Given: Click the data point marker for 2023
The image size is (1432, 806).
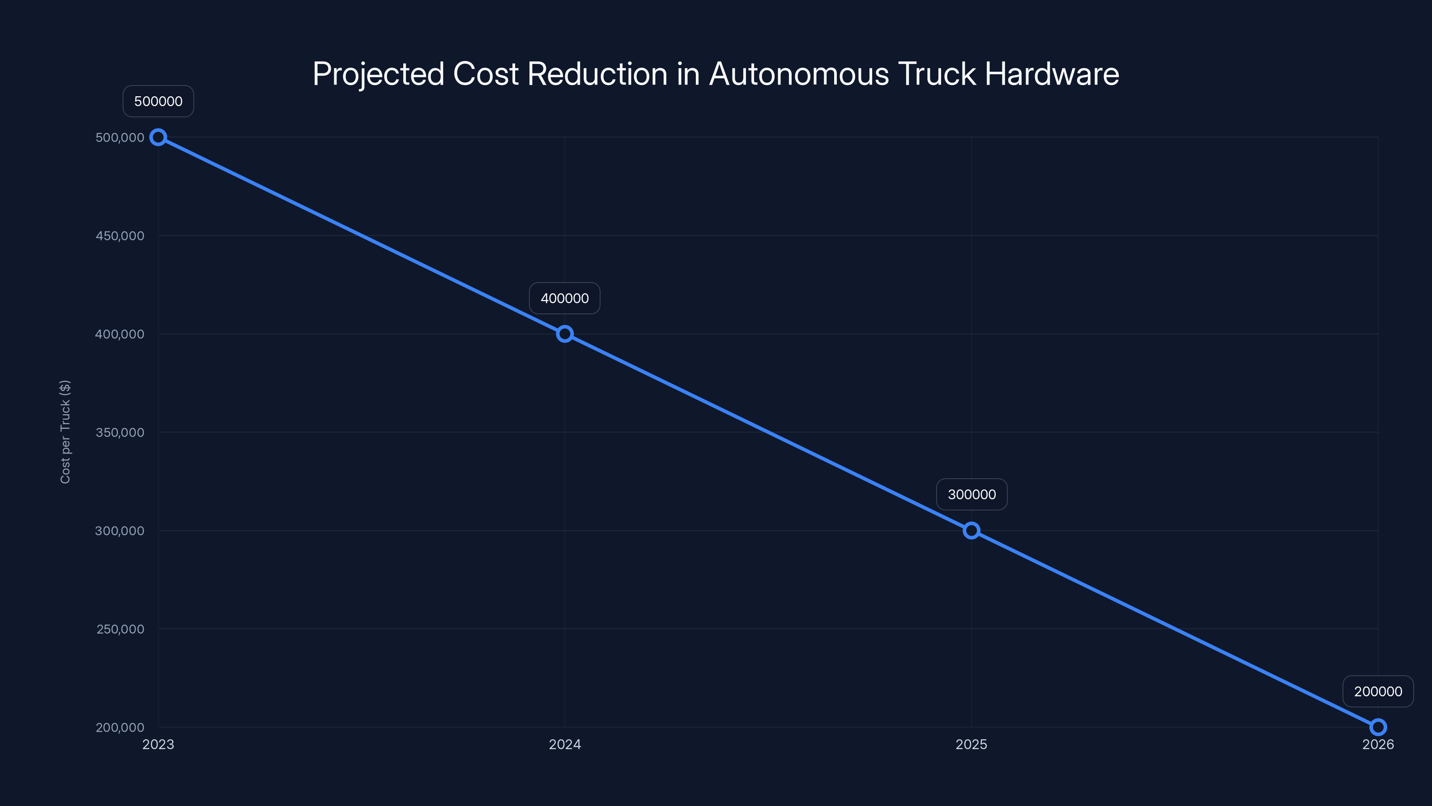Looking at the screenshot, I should (158, 137).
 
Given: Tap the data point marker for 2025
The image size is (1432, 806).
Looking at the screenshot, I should (971, 531).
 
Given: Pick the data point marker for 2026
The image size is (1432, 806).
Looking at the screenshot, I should (1378, 727).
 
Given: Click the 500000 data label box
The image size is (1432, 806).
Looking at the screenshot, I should (158, 101).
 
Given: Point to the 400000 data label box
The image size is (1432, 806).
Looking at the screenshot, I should (565, 298).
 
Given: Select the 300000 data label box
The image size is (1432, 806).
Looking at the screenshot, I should (972, 494).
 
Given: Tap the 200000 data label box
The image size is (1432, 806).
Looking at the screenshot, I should (1378, 691).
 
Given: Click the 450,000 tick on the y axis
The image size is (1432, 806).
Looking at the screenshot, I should (119, 236).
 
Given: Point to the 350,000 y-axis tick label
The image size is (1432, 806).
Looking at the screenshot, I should (119, 433).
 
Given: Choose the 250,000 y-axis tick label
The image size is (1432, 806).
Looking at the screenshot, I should (120, 629).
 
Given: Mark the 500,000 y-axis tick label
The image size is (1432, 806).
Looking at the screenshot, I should (119, 137).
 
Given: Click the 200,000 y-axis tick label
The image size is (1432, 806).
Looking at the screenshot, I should (119, 728).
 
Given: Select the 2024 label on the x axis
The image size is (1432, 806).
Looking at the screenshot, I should (565, 745).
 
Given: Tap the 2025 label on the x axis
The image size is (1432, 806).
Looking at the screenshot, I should (971, 745).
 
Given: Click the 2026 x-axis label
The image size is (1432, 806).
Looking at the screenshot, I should (1378, 745).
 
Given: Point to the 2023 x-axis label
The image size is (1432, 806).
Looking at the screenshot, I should (158, 745).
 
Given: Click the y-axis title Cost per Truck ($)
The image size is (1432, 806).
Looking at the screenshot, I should (65, 432).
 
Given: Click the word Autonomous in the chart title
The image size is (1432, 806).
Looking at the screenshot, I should (799, 74).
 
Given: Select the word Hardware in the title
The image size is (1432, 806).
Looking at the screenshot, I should (1052, 74).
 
